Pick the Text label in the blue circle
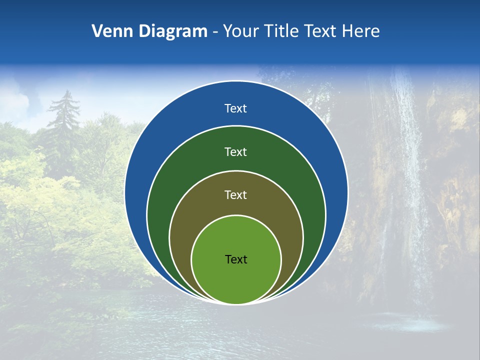click(x=236, y=108)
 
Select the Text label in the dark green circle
click(x=236, y=151)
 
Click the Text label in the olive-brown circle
click(x=236, y=194)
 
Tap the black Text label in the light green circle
click(x=236, y=259)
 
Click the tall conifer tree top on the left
click(x=64, y=100)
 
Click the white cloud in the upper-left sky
click(x=20, y=100)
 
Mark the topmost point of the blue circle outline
click(x=236, y=81)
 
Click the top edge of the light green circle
click(x=236, y=215)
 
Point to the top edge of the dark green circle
click(x=236, y=126)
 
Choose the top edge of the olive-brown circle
click(x=236, y=170)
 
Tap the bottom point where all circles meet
click(x=236, y=304)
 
